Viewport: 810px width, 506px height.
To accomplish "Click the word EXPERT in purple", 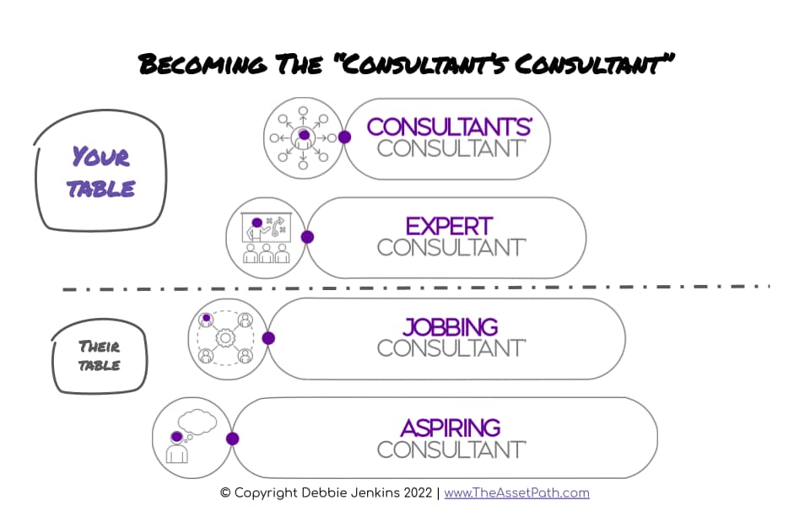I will [x=448, y=226].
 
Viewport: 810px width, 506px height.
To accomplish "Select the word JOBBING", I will [x=450, y=326].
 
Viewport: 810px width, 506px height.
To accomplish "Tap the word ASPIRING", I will [x=451, y=427].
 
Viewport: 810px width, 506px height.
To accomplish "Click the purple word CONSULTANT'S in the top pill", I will [x=449, y=126].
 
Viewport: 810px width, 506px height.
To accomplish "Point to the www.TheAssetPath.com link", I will [x=516, y=493].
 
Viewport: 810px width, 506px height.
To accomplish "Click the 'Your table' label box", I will [x=100, y=172].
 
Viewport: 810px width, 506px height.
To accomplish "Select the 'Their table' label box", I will [x=100, y=355].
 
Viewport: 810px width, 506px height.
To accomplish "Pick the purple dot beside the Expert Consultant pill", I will [x=307, y=237].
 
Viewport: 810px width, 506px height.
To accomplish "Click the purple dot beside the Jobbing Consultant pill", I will [x=268, y=338].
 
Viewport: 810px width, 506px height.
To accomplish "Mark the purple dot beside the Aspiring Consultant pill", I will [x=232, y=439].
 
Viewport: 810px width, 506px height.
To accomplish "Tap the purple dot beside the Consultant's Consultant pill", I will [x=344, y=137].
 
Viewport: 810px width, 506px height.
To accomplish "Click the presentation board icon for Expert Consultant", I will [x=266, y=237].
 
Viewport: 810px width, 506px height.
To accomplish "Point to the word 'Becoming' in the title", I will [x=200, y=63].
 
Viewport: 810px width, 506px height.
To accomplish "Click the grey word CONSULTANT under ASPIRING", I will [x=451, y=449].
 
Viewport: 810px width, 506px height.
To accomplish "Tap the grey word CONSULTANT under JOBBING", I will [x=451, y=347].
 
